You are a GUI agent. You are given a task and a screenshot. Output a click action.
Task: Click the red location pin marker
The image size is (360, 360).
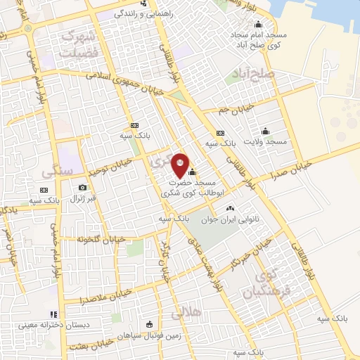(181, 165)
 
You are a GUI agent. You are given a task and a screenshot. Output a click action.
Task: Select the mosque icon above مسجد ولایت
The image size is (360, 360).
(265, 131)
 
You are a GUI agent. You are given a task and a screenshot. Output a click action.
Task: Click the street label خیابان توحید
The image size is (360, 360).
(106, 167)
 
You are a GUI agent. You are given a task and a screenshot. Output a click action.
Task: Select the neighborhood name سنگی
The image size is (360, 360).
(57, 172)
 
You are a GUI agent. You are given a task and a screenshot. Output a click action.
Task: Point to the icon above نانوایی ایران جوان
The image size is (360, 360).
(230, 209)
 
